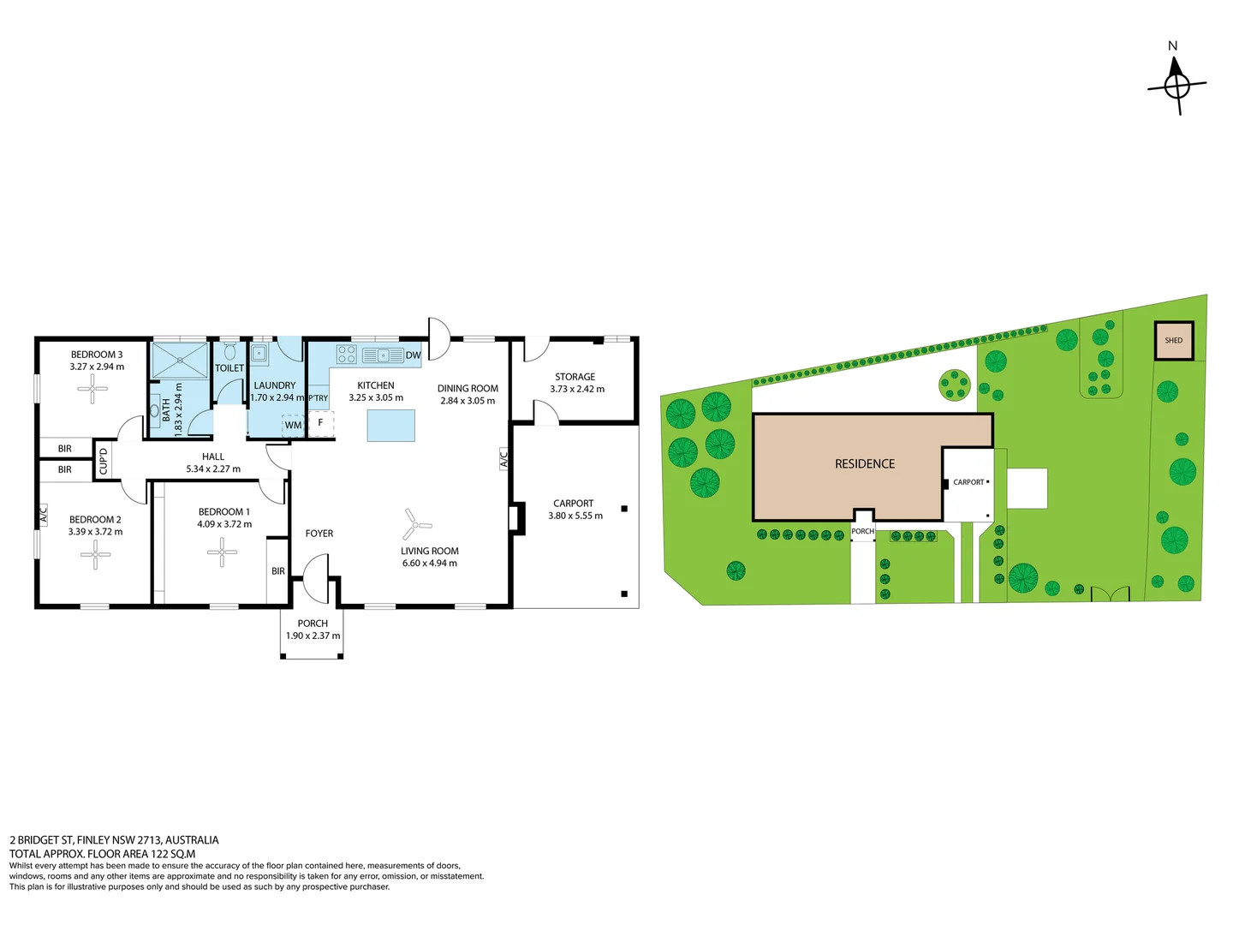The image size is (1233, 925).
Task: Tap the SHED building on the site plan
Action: (1173, 340)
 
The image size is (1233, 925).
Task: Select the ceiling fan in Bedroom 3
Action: (92, 388)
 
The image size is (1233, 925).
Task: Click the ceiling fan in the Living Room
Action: (415, 524)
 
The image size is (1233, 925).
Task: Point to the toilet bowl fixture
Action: (229, 352)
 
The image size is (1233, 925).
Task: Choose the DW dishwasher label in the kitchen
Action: (413, 355)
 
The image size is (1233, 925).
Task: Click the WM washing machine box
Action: (293, 425)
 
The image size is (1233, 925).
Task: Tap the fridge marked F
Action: (321, 423)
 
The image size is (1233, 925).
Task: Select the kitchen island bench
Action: (391, 425)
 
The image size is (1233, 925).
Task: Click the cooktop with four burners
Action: (346, 355)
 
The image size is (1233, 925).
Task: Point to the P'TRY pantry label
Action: (318, 397)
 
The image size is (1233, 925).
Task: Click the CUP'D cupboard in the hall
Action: (103, 460)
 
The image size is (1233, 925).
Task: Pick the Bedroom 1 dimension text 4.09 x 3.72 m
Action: (224, 524)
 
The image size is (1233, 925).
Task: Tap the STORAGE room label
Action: (575, 377)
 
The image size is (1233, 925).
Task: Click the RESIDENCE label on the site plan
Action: (865, 464)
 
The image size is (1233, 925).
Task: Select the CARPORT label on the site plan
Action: (968, 482)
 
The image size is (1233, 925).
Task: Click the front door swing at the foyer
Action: (315, 578)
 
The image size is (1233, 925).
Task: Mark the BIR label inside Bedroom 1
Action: (278, 571)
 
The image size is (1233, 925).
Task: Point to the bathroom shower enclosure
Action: (180, 361)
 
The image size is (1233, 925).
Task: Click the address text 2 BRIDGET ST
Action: (42, 840)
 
